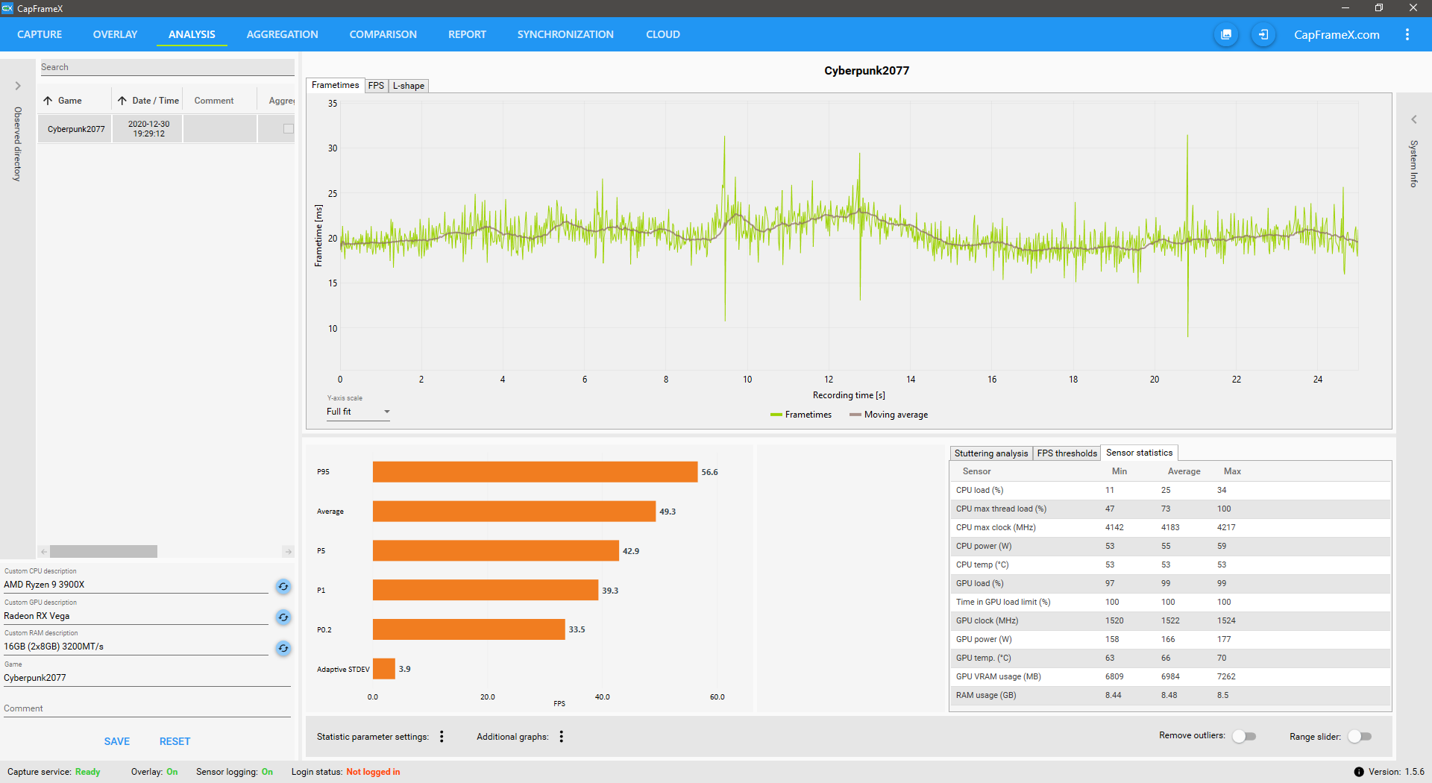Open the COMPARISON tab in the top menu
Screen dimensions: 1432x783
[383, 34]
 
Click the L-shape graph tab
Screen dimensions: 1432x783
[409, 86]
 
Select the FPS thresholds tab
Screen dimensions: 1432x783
[1067, 453]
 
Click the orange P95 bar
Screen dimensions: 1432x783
[535, 472]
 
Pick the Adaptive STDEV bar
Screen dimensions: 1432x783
[383, 669]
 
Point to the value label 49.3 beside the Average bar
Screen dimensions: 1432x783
[668, 512]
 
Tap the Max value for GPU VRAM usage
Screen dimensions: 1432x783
[1226, 676]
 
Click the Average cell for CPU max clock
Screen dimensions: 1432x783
[1170, 527]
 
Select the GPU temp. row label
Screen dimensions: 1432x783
[983, 658]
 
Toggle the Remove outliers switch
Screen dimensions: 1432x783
[1244, 736]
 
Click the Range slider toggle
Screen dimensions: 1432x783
[1360, 736]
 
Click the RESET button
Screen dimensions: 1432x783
[175, 741]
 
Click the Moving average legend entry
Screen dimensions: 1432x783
[889, 415]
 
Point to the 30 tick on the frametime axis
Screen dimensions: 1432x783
[333, 148]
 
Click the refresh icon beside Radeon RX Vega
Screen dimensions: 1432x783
[283, 617]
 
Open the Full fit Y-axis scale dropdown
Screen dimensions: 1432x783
[358, 412]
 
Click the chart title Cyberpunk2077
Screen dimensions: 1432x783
[867, 71]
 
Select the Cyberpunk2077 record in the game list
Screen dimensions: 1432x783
[76, 129]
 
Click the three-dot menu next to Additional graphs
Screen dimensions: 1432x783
[562, 737]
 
